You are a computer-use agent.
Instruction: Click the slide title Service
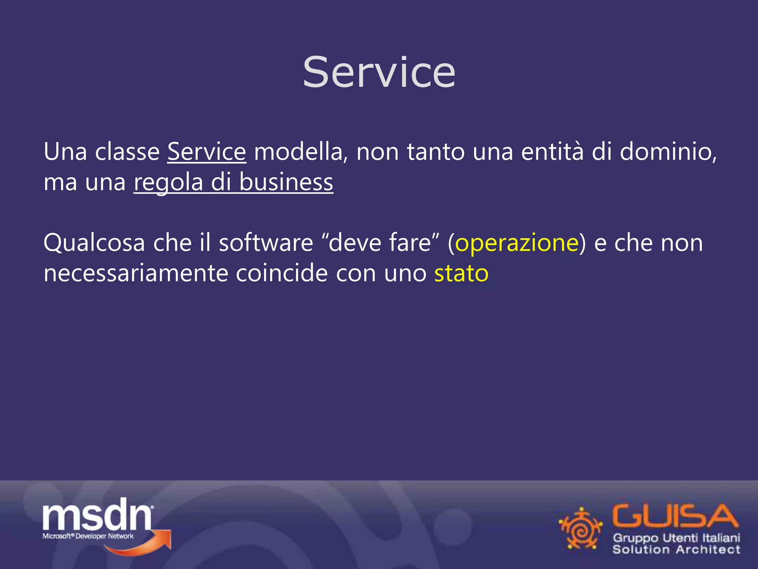coord(379,72)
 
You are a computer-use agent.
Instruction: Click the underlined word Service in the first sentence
coord(207,152)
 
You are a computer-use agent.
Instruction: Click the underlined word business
coord(286,182)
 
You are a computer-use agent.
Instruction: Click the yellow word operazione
coord(517,243)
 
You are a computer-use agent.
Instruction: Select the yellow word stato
coord(461,274)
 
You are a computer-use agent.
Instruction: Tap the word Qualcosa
coord(94,243)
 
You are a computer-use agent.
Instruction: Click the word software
coord(266,243)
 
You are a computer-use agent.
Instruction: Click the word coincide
coord(281,274)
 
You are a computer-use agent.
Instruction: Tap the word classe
coord(127,152)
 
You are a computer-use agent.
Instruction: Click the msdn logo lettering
coord(97,515)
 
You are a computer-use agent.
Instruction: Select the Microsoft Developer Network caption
coord(88,536)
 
